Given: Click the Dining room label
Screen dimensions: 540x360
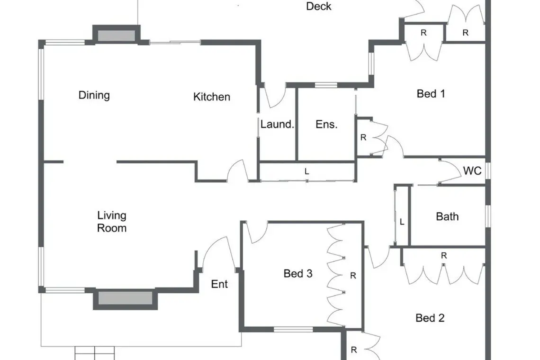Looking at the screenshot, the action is [94, 95].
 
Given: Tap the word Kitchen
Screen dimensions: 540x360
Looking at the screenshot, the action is [211, 97].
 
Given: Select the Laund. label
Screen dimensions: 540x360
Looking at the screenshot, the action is [277, 125].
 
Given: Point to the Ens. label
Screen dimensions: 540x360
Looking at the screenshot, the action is [326, 125].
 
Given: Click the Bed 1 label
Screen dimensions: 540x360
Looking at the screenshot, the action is [431, 94].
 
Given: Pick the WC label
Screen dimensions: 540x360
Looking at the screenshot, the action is [472, 171].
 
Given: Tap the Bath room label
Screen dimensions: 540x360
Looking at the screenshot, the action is [447, 216].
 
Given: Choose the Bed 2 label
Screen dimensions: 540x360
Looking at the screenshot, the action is [430, 318].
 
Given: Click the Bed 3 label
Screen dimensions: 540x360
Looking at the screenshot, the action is [298, 273].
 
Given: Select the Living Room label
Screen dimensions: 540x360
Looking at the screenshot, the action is [112, 222].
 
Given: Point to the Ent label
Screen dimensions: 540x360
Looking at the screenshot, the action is [219, 284].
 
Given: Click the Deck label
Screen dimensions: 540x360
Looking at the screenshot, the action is [319, 6].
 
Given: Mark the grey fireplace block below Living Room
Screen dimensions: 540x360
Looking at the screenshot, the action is [126, 298].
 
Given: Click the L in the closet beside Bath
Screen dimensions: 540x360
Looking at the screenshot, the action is [402, 223].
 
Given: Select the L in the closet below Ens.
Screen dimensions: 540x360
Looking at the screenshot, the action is [307, 171].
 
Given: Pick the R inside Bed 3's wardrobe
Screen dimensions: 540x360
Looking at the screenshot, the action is [353, 276].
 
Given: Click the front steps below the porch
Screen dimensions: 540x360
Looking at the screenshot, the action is [95, 353].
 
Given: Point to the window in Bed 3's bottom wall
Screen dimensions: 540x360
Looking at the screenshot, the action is [293, 330].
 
